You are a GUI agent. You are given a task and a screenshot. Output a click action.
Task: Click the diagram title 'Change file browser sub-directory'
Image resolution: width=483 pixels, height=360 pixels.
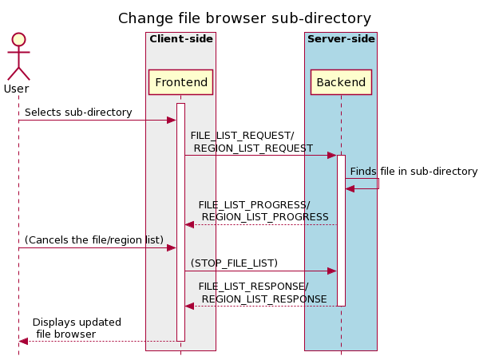point(244,18)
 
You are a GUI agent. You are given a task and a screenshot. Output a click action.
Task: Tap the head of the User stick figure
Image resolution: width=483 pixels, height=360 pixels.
point(18,39)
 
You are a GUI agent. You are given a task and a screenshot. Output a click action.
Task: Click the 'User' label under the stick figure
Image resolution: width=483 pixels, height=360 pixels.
point(16,89)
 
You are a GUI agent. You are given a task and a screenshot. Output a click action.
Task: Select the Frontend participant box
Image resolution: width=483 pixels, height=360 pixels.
point(180,82)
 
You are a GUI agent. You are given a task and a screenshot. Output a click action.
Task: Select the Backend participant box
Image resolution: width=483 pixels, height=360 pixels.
point(341,82)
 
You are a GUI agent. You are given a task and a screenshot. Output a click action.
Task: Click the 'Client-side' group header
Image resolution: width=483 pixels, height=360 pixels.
point(180,39)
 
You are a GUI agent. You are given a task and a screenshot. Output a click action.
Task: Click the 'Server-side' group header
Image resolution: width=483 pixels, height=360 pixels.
point(341,39)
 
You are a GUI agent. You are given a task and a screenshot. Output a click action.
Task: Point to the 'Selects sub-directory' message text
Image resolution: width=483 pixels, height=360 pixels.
point(78,113)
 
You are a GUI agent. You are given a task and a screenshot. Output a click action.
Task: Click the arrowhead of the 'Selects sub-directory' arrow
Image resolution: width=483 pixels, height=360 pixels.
point(171,120)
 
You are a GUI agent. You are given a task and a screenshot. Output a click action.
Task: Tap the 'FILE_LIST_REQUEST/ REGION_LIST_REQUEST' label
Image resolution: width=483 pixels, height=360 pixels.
point(251,141)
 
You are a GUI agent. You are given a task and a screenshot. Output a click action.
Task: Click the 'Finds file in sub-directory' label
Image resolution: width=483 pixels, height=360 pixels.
point(414,171)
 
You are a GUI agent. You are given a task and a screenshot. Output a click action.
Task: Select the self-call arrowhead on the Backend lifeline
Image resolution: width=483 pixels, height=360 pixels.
point(350,188)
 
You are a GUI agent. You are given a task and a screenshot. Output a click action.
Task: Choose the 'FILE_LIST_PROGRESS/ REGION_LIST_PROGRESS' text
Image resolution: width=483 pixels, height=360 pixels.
point(263,211)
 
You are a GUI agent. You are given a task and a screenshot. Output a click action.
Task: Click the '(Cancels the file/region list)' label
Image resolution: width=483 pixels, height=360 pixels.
point(93,240)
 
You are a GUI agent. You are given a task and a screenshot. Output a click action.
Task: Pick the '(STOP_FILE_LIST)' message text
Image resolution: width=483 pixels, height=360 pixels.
point(234,263)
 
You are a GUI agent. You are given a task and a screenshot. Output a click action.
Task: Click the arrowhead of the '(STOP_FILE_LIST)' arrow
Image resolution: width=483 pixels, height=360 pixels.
point(332,271)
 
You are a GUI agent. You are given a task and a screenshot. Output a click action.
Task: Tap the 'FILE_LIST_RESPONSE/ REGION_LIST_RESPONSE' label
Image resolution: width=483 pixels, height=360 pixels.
point(263,292)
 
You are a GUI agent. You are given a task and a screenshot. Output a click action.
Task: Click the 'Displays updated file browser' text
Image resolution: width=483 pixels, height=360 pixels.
point(77,328)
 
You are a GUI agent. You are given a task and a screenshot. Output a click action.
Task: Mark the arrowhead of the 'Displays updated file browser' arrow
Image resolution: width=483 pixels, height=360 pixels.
point(23,341)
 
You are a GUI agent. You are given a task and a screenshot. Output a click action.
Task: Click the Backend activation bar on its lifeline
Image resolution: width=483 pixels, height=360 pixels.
point(341,231)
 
